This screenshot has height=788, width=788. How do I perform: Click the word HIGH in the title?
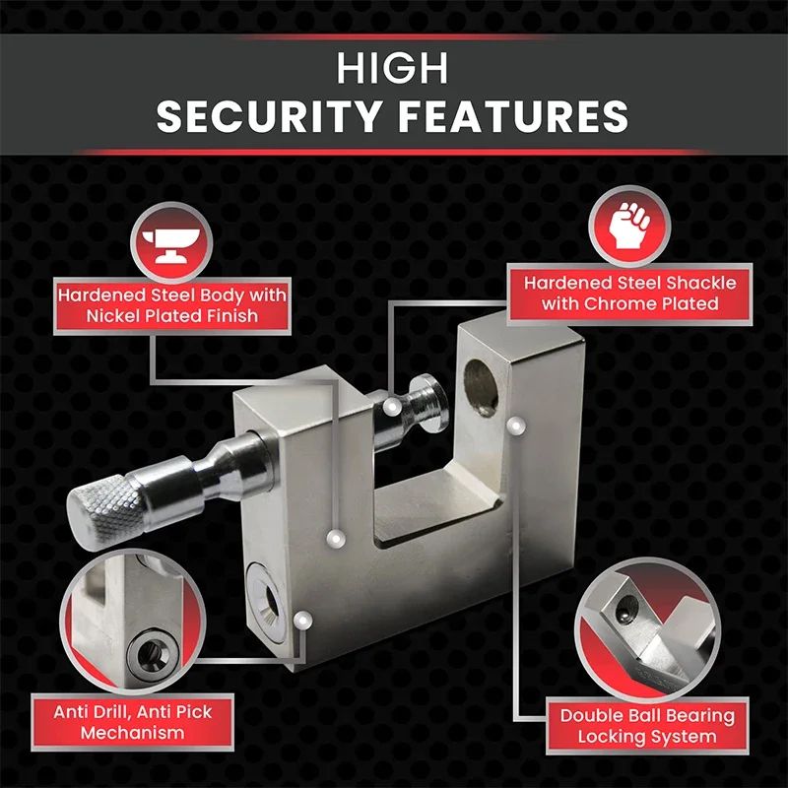393,69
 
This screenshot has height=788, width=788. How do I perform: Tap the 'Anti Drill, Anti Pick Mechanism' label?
133,722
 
